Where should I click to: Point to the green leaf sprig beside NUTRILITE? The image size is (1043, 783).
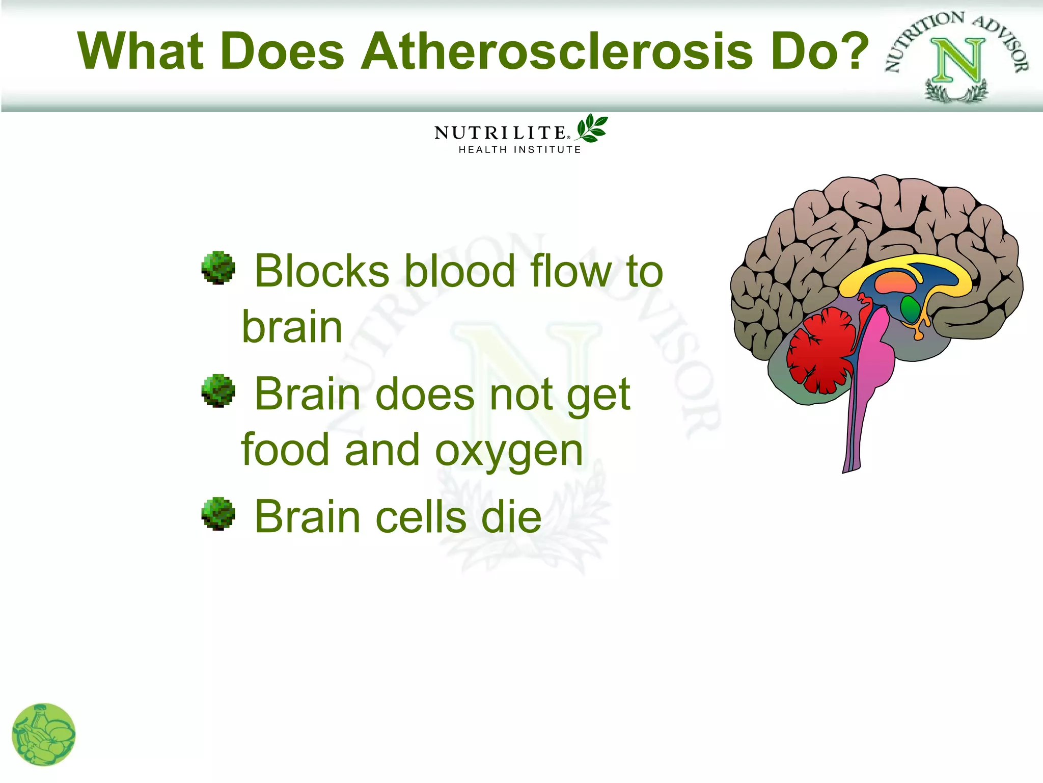[591, 128]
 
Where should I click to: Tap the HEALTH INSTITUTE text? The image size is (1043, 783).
[519, 150]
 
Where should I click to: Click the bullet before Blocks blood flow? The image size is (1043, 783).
[218, 268]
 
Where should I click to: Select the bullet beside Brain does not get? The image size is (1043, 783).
[218, 391]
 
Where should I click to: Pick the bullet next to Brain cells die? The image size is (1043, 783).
[218, 514]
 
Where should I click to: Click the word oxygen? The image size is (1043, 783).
[509, 452]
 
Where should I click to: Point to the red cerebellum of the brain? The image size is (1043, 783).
[820, 352]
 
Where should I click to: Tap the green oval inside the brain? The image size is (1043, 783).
[910, 308]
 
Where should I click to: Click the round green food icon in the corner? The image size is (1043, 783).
[44, 734]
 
